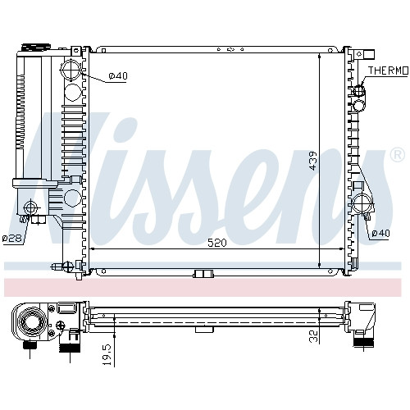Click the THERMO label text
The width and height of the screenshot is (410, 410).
388,71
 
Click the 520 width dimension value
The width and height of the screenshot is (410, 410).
217,243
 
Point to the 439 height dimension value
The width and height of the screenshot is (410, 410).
313,161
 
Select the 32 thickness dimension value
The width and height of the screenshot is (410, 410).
314,336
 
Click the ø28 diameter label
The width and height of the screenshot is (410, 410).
12,238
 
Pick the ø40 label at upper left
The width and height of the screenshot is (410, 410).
118,75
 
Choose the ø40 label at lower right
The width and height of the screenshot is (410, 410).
380,233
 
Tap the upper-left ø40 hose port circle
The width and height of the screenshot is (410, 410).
71,70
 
